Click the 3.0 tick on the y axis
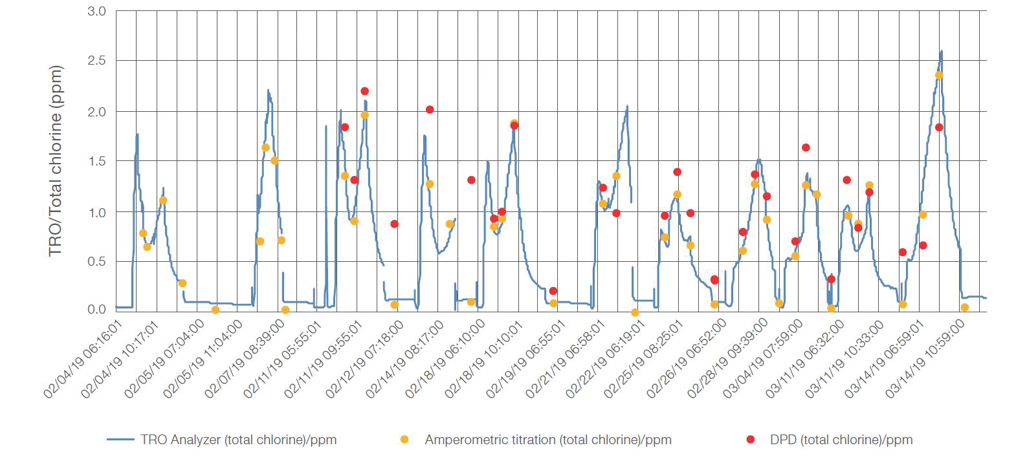tap(96, 11)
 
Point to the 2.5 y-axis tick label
tap(96, 61)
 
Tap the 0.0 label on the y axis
tap(96, 309)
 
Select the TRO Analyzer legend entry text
tap(238, 440)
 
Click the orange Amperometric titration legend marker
tap(404, 440)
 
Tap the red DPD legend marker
tap(751, 440)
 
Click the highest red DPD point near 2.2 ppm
tap(364, 91)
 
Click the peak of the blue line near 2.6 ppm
tap(941, 51)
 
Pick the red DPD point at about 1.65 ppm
tap(806, 147)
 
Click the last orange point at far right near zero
tap(964, 307)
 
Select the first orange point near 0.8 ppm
tap(143, 233)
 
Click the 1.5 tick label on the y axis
tap(96, 160)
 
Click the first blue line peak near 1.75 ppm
tap(137, 134)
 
